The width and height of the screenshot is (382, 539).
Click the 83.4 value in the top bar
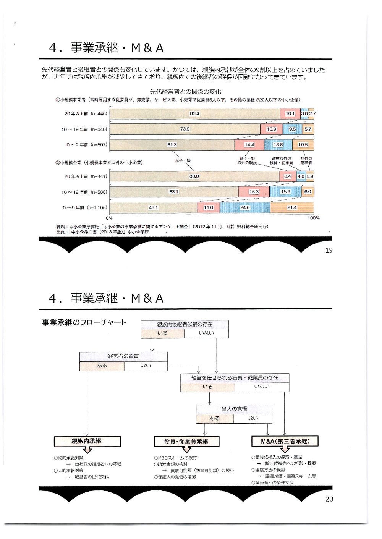(x=194, y=113)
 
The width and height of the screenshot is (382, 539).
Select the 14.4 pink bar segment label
(x=249, y=145)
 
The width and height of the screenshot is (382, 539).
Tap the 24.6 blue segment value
(x=245, y=207)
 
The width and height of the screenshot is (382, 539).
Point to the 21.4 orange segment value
(x=292, y=207)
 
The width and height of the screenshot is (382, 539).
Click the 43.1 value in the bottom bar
(x=153, y=207)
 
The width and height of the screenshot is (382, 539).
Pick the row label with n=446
(x=86, y=113)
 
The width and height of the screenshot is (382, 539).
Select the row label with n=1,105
(x=85, y=207)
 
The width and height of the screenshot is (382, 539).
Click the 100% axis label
(x=314, y=218)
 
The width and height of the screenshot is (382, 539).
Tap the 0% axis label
(x=109, y=218)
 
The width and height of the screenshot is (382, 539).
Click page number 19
(x=329, y=250)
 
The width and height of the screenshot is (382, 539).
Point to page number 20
(x=329, y=499)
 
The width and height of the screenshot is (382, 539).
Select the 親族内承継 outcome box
(x=87, y=441)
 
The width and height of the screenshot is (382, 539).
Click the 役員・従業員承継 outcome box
(x=186, y=442)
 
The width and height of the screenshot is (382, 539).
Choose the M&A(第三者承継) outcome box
(x=285, y=441)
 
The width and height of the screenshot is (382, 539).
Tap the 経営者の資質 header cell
(x=123, y=356)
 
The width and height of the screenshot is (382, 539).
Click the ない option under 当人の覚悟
(x=253, y=418)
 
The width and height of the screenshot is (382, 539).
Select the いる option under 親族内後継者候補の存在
(x=162, y=333)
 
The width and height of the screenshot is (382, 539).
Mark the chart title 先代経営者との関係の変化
(x=185, y=92)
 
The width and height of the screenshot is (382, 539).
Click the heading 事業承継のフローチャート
(x=84, y=322)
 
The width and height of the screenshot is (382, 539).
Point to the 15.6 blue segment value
(x=285, y=192)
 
